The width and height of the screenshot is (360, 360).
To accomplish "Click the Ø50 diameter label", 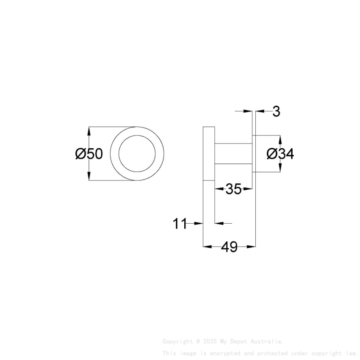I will (89, 154).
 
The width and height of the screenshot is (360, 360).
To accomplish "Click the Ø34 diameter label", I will (280, 154).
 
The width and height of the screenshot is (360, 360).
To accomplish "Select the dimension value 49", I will (229, 247).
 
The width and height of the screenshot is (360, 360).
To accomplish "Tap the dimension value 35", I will (233, 189).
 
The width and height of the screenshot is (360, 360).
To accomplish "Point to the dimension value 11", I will (180, 224).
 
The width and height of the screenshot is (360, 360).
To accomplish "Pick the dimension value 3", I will (276, 112).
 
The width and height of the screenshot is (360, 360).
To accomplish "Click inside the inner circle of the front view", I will (137, 154).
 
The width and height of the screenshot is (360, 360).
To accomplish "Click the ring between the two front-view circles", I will (115, 154).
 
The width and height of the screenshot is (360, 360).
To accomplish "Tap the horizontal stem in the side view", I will (233, 154).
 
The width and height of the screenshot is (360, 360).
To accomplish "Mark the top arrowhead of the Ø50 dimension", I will (89, 130).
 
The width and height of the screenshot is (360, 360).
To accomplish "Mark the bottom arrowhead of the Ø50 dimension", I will (89, 177).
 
